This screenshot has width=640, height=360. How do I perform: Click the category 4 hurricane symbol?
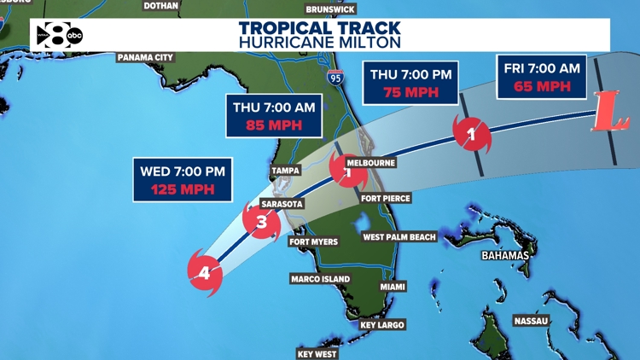click(x=204, y=273)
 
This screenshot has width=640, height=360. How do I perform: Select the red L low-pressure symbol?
click(x=608, y=113)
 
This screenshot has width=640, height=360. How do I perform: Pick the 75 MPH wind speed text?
click(x=410, y=91)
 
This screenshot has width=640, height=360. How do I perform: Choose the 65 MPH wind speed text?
click(x=542, y=85)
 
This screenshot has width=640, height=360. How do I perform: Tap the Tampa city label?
click(x=284, y=171)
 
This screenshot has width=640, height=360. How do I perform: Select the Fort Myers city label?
click(x=313, y=241)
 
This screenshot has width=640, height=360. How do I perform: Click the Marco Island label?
click(x=320, y=279)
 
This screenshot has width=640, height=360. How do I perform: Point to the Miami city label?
click(x=393, y=287)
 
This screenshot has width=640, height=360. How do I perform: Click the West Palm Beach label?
click(x=399, y=237)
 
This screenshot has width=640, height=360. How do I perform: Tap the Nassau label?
click(x=530, y=321)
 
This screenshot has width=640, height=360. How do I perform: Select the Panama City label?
click(x=145, y=57)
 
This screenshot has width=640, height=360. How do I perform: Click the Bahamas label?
click(x=504, y=255)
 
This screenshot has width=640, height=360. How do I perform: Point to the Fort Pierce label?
click(x=386, y=198)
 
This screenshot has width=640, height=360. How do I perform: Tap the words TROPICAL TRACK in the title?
click(x=320, y=27)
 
